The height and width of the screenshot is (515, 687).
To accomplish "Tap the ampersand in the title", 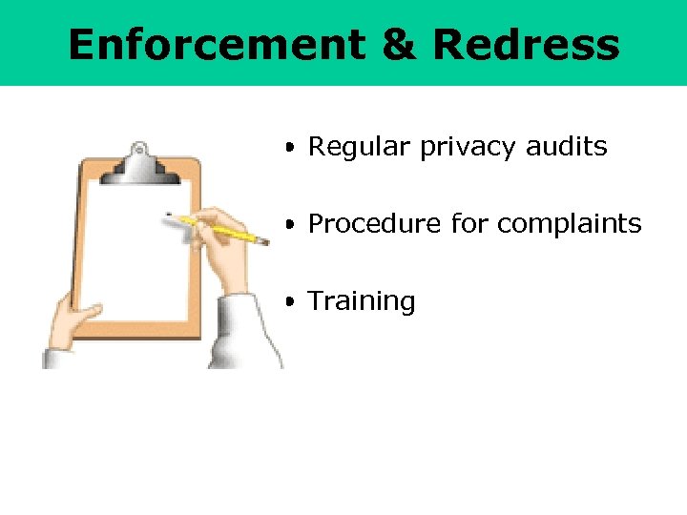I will click(405, 45).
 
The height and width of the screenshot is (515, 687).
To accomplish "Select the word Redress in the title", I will click(525, 45).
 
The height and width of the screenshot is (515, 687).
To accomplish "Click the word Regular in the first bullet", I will click(346, 148).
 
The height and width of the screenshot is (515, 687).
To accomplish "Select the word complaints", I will click(569, 225).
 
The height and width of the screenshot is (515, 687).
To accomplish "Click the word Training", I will click(362, 301).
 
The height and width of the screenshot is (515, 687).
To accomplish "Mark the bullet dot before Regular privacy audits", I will click(288, 148).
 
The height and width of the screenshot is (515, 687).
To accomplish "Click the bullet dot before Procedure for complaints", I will click(288, 224).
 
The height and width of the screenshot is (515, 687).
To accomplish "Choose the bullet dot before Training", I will click(288, 301).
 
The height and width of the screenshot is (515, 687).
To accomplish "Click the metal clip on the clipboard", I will click(141, 164).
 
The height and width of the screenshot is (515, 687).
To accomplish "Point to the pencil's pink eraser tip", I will click(266, 242).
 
